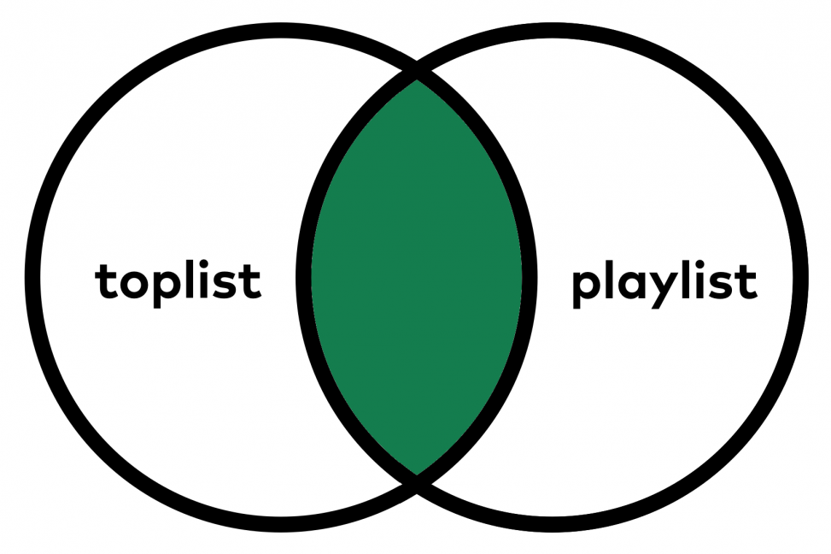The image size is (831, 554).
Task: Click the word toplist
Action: [x=178, y=281]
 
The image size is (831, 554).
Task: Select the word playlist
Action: [x=664, y=281]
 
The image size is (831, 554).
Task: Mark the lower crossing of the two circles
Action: [x=417, y=484]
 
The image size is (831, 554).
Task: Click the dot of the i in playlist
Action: [x=702, y=265]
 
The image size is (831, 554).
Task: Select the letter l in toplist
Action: [x=192, y=279]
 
